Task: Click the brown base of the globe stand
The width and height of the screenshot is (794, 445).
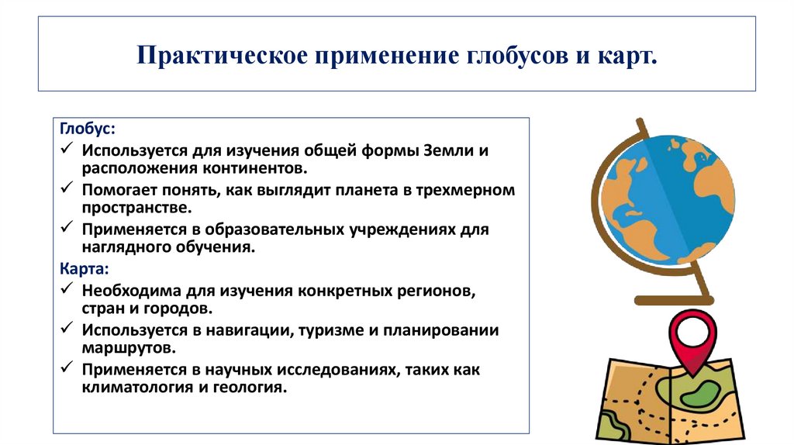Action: [x=673, y=298]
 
